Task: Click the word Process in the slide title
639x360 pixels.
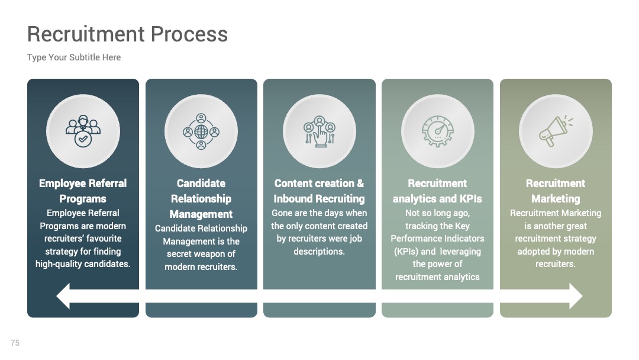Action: (x=189, y=34)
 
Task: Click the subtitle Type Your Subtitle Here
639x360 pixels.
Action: (x=74, y=57)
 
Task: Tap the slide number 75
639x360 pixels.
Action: (x=15, y=343)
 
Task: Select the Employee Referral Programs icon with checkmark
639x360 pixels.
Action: (x=83, y=131)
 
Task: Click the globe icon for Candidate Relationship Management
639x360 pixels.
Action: (x=201, y=131)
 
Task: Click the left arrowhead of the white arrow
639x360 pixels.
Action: (x=63, y=296)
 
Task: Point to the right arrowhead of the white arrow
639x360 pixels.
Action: (x=576, y=296)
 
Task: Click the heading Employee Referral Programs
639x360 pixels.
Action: (x=83, y=191)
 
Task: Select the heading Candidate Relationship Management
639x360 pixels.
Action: (x=201, y=198)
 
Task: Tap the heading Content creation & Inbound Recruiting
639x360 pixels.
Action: (x=319, y=191)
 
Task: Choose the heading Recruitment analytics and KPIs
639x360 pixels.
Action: (x=437, y=191)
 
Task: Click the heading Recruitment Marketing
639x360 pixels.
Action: (x=556, y=191)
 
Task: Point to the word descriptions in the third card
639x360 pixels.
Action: (x=319, y=252)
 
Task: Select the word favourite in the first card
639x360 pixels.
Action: (x=102, y=239)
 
